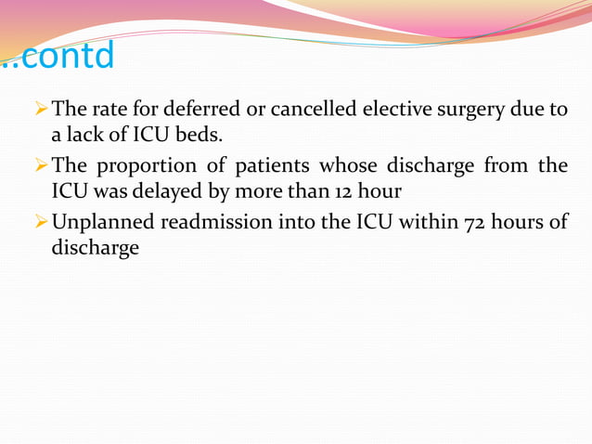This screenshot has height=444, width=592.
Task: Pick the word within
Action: click(394, 224)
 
